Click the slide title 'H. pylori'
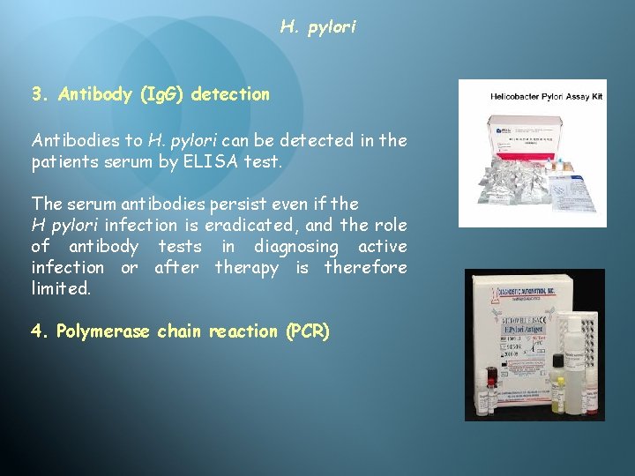pos(318,27)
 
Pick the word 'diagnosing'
pos(295,246)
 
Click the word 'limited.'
pos(61,288)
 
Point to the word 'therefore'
pos(366,267)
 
